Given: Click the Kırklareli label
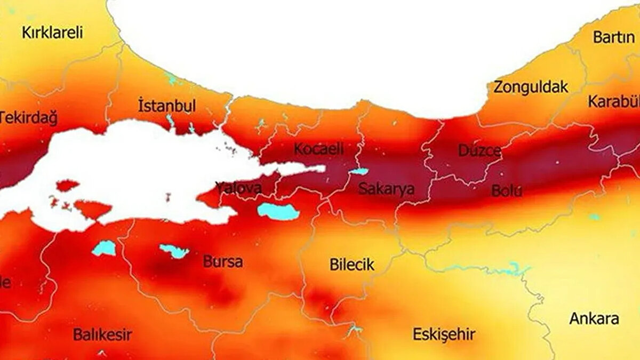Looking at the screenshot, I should (52, 33).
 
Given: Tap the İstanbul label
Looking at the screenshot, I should (166, 106).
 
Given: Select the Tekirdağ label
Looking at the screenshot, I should (28, 118).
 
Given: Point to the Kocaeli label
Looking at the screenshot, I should (318, 149).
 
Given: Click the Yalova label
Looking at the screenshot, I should (238, 188).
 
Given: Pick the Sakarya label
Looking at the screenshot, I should (386, 188).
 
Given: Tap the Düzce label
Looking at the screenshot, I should (479, 151).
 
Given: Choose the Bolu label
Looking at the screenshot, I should (506, 191).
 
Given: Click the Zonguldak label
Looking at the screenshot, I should (530, 87).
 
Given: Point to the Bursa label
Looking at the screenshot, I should (222, 262).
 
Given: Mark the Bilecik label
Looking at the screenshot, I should (351, 265).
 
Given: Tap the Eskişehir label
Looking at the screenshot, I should (443, 335).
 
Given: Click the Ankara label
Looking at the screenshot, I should (594, 319).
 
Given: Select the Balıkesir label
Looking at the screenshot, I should (102, 335).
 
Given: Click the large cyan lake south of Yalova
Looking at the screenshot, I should (278, 211).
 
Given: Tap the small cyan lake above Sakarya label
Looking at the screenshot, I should (359, 172).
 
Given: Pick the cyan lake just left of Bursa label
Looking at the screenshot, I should (174, 251).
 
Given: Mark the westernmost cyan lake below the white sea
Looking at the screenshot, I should (104, 248).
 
